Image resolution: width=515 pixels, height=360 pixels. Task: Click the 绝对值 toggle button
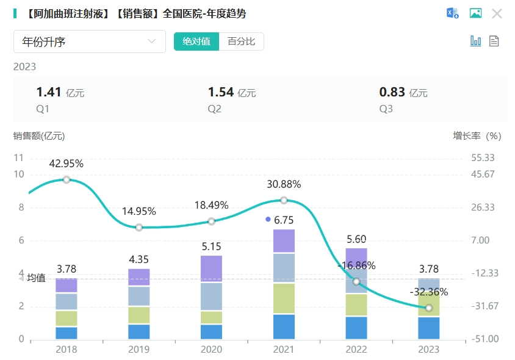point(196,41)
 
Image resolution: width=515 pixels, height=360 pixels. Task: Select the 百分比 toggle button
point(241,41)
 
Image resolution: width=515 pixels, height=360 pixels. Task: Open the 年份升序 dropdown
point(90,41)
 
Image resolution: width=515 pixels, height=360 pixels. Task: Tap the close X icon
point(497,13)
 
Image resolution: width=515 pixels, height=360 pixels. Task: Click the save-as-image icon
point(475,13)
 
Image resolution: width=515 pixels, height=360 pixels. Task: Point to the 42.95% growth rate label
point(67,164)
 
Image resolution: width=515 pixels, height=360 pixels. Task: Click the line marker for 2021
point(284,200)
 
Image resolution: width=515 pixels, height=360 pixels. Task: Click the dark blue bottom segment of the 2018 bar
point(67,333)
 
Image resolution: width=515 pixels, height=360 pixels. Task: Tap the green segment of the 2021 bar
point(284,298)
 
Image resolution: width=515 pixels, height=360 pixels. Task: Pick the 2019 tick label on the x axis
point(139,350)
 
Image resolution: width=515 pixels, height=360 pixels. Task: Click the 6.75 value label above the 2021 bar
point(284,220)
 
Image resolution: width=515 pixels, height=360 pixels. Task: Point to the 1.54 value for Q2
point(221,92)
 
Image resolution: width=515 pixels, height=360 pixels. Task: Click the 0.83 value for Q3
point(392,92)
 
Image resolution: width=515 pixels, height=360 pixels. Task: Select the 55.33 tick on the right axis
point(483,157)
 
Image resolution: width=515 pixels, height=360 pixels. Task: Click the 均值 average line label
point(36,278)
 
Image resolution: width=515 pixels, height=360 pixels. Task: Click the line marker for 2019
point(139,228)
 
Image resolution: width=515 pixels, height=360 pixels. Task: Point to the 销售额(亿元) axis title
point(39,136)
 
